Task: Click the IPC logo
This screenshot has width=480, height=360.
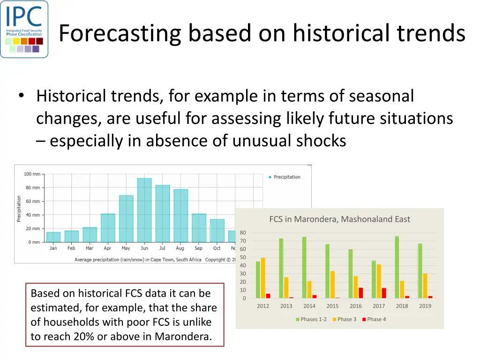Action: pos(24,29)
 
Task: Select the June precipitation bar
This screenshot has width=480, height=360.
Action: pos(144,210)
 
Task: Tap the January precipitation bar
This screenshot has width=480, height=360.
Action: pos(53,237)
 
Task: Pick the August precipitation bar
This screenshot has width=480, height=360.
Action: pos(180,216)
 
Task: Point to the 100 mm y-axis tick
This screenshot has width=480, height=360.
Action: pos(32,174)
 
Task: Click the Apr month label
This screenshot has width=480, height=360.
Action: pos(107,248)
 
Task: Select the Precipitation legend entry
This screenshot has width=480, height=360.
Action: pos(285,177)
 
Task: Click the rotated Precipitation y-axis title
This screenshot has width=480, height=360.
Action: pos(19,209)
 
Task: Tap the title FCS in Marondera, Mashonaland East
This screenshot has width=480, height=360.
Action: pos(339,219)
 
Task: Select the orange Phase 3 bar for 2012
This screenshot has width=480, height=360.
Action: pos(263,278)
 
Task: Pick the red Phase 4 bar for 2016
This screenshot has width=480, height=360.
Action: pos(360,293)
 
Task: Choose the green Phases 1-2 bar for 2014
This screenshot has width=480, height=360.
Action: pos(304,268)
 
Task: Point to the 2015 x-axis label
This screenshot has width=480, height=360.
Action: pos(332,306)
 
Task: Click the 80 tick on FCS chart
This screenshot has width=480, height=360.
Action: pos(243,232)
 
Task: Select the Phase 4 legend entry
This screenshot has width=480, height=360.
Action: pos(374,319)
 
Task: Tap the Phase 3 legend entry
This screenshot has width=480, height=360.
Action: pos(345,319)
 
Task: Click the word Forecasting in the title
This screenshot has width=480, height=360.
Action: pos(120,33)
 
